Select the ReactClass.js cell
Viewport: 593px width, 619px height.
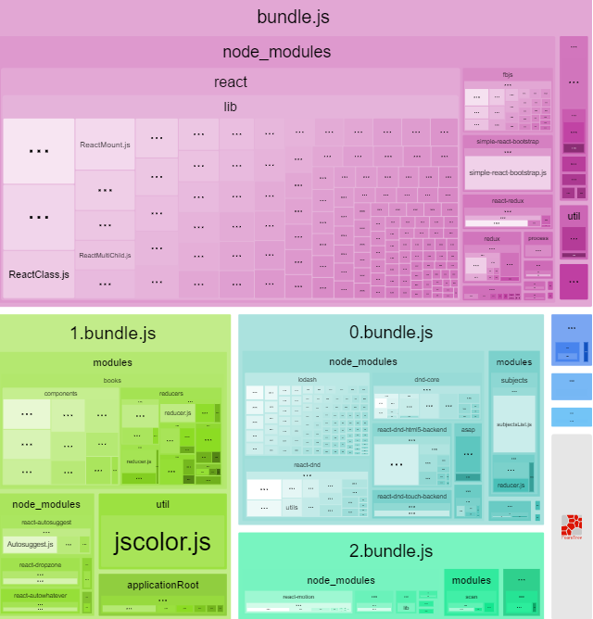[39, 274]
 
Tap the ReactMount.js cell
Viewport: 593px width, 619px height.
[105, 145]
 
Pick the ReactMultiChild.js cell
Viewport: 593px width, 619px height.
[105, 255]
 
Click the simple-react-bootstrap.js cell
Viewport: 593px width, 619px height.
[508, 173]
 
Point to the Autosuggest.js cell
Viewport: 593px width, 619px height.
[31, 544]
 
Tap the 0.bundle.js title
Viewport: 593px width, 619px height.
[390, 333]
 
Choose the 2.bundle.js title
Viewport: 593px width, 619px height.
[390, 551]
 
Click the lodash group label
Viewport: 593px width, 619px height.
[307, 379]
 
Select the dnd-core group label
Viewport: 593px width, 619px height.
[426, 379]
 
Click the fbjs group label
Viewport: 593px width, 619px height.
[508, 73]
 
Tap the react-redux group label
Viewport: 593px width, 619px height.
[508, 200]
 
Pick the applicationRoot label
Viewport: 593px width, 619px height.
[163, 585]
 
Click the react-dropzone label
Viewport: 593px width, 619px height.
[40, 564]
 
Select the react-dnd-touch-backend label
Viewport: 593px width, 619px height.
[411, 497]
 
